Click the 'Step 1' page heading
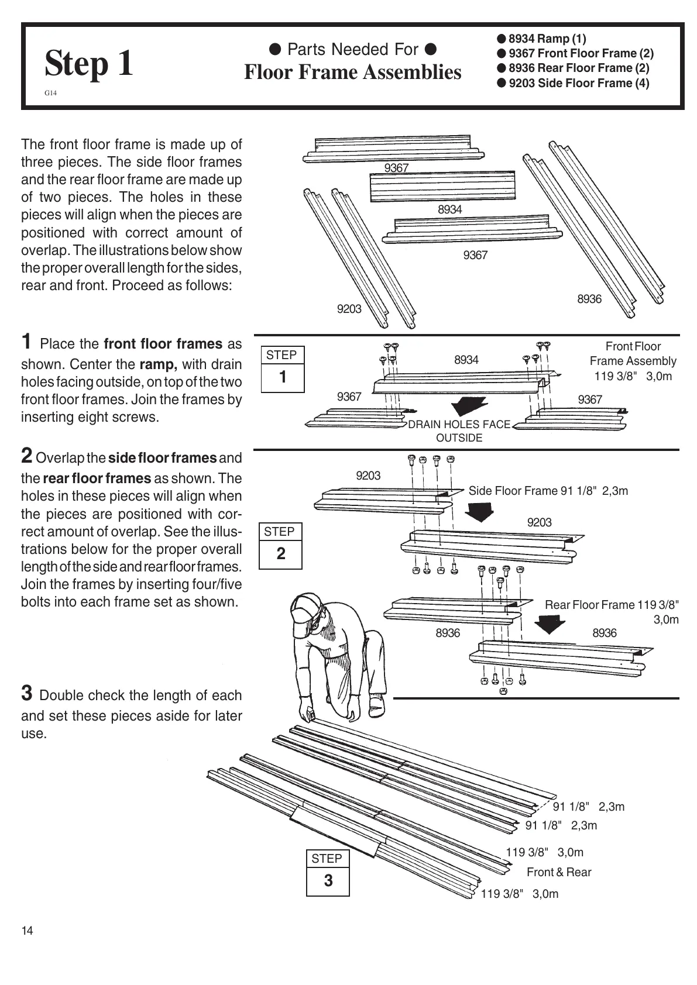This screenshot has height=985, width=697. coord(89,63)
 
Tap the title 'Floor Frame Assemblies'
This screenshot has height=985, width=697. coord(352,73)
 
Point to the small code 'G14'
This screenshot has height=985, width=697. coord(50,93)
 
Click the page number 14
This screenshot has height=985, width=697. coord(27,931)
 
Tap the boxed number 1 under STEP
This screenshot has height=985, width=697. coord(283,377)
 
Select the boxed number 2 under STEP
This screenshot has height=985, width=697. coord(281,553)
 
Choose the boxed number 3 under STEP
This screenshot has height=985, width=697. coord(328,880)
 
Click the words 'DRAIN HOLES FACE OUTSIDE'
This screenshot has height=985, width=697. coord(459,431)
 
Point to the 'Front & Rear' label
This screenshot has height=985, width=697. coord(558,872)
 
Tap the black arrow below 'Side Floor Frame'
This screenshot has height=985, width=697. coord(480,511)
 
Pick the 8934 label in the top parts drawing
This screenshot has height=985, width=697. coord(449,209)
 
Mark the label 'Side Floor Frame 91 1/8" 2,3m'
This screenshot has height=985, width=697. coord(548,491)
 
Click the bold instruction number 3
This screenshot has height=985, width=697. coord(27,693)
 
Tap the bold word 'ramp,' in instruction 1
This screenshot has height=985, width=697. coord(159,364)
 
